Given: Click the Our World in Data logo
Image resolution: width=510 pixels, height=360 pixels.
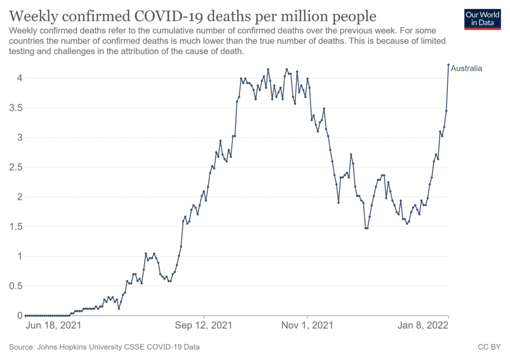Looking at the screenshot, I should [x=482, y=18].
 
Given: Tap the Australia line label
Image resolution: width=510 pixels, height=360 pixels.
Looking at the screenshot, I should [x=466, y=69].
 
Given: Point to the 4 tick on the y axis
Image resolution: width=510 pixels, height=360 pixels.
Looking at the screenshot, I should [x=18, y=78].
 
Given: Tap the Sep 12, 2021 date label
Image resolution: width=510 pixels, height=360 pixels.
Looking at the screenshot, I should [x=204, y=326].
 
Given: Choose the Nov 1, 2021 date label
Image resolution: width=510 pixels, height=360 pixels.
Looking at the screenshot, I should [x=307, y=326].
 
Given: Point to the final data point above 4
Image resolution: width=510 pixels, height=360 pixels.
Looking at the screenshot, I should [x=448, y=65].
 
